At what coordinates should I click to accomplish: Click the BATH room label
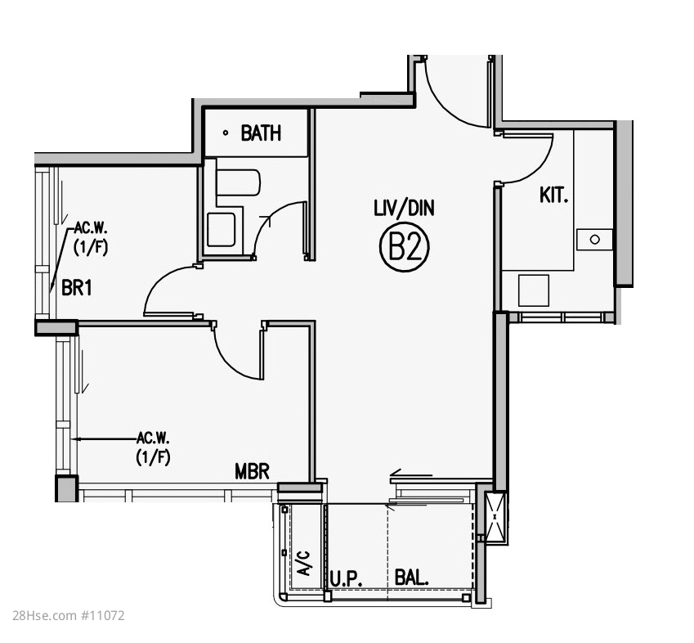[x=261, y=133]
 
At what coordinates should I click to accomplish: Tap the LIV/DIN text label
[x=404, y=208]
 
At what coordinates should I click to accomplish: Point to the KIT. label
[x=553, y=195]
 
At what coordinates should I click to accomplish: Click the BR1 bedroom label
[x=77, y=288]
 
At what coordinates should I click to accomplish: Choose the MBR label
[x=252, y=472]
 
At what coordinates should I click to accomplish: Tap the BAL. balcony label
[x=411, y=578]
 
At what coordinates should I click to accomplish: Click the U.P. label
[x=346, y=578]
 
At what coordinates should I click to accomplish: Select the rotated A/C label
[x=304, y=564]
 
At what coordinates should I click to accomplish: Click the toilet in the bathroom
[x=238, y=182]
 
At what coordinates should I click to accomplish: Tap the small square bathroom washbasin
[x=221, y=229]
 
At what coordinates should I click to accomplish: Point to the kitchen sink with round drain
[x=594, y=240]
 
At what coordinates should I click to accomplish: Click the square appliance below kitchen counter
[x=534, y=290]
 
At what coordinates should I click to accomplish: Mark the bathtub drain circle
[x=226, y=133]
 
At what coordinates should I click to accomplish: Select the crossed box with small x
[x=495, y=516]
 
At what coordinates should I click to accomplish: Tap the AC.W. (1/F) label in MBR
[x=153, y=447]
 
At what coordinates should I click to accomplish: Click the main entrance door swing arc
[x=445, y=105]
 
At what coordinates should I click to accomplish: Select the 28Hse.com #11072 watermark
[x=69, y=615]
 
